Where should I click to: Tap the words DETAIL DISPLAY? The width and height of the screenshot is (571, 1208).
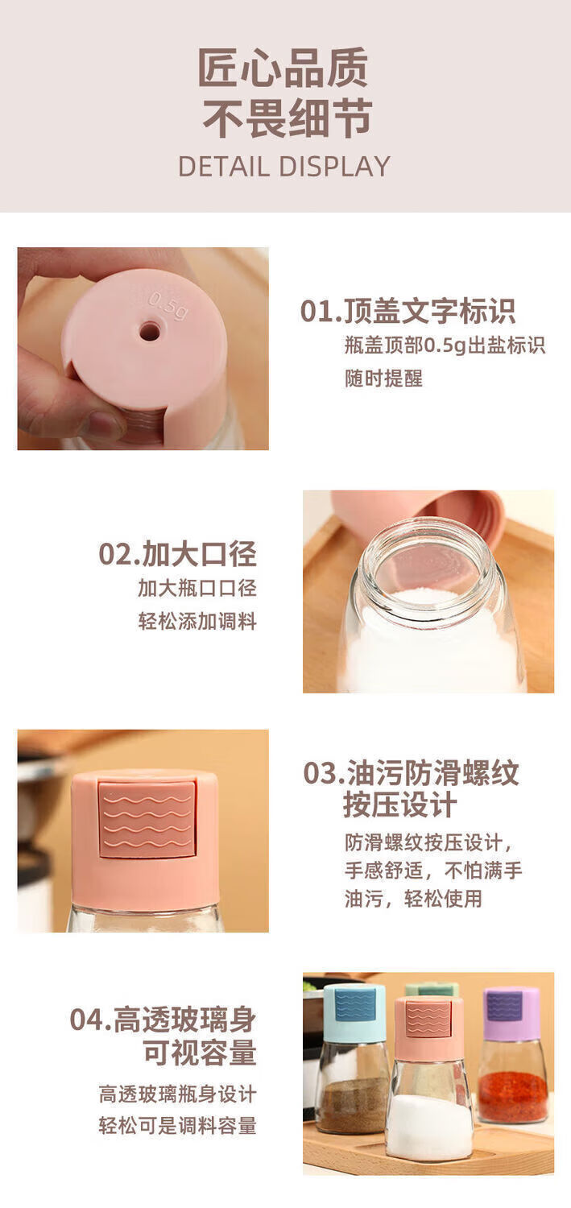284,167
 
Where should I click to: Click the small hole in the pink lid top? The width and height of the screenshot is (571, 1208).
150,331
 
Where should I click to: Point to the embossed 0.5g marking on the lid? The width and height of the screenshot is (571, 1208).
168,306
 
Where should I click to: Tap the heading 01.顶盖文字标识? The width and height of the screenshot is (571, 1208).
408,311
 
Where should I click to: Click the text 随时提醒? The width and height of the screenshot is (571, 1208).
383,378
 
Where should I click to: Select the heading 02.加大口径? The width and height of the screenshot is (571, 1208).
177,553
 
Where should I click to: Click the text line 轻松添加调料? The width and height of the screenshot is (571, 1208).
197,621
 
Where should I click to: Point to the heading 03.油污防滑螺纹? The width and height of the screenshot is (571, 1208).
411,773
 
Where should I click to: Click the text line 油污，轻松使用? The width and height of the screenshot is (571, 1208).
413,898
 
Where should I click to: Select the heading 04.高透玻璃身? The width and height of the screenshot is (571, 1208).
163,1020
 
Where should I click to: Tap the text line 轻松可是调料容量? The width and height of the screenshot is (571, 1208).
177,1126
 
